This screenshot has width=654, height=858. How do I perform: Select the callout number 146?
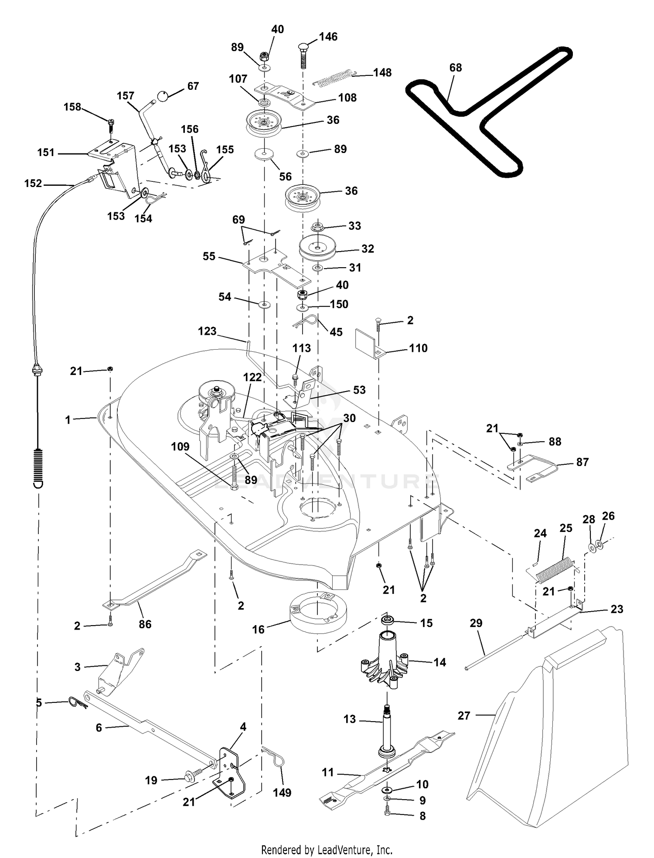328,37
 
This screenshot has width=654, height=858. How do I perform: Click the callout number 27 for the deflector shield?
464,715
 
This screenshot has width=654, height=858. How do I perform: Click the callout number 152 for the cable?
33,184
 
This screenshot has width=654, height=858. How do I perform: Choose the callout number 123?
207,331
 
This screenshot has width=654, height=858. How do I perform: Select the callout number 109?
180,446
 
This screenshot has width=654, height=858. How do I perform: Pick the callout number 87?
582,462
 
